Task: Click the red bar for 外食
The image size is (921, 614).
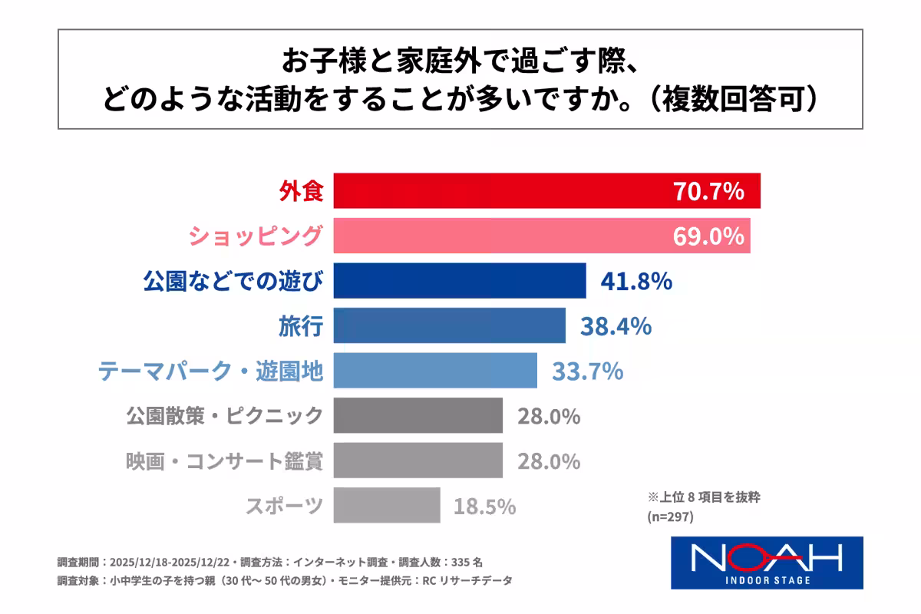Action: pos(499,191)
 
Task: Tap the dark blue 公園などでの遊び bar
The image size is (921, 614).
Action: pos(460,281)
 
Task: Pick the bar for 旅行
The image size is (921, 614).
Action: pos(450,325)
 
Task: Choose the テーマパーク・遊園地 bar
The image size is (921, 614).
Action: pos(435,371)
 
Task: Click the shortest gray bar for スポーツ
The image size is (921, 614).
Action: pos(387,506)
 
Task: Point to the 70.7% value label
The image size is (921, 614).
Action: pos(708,191)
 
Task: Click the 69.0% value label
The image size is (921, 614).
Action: pos(708,236)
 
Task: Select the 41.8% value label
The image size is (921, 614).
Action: pos(636,281)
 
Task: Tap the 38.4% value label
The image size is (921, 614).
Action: pos(616,326)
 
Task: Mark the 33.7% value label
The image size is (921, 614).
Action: pos(587,371)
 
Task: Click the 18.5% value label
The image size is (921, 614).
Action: pos(484,507)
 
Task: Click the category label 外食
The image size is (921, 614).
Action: pos(300,191)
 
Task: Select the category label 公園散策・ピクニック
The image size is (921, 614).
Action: pos(224,416)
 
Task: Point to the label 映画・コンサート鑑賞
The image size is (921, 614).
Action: pos(224,461)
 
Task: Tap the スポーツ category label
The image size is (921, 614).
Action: pos(284,507)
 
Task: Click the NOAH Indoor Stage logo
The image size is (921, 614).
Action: pos(767,563)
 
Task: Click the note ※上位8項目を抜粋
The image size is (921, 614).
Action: pos(705,497)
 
